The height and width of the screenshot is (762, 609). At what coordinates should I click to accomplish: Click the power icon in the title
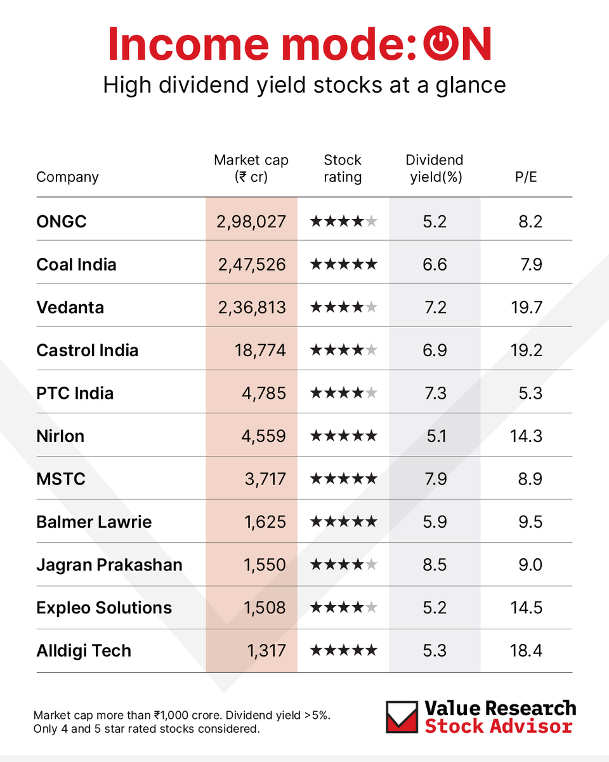(x=434, y=45)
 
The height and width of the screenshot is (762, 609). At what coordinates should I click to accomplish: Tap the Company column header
(x=67, y=177)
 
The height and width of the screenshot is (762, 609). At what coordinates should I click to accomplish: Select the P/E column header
(x=526, y=177)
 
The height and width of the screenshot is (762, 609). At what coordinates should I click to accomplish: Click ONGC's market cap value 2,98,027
(x=252, y=222)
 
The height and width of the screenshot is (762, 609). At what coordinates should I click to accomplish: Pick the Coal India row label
(x=76, y=264)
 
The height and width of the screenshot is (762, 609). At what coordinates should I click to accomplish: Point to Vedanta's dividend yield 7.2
(x=435, y=307)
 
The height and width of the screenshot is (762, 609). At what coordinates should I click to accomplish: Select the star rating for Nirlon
(x=343, y=436)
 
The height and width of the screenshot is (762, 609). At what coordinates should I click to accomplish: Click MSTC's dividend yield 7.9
(x=435, y=479)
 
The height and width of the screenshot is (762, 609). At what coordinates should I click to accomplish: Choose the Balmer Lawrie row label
(x=94, y=522)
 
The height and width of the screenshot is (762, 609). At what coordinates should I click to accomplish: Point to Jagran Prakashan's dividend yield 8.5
(x=435, y=565)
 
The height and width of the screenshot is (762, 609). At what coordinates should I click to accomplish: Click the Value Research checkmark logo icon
(x=402, y=717)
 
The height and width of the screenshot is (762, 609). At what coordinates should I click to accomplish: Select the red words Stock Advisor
(x=499, y=726)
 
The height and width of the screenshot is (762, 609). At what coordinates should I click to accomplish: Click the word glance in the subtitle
(x=469, y=84)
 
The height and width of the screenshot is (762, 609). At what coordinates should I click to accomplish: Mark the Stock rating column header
(x=343, y=168)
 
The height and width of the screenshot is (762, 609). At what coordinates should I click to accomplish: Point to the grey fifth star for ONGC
(x=372, y=222)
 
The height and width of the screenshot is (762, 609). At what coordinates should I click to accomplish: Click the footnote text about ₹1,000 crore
(x=181, y=715)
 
